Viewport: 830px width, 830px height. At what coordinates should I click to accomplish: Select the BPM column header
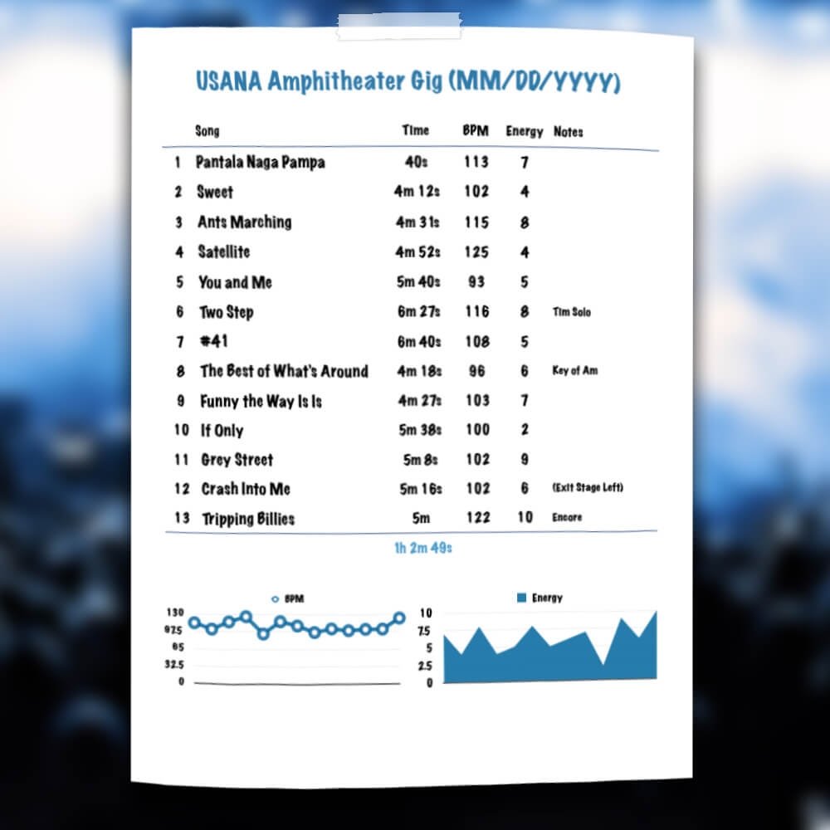476,131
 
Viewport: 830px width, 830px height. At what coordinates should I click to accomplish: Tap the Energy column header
524,132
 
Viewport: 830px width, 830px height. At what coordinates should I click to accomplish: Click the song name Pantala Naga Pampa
260,162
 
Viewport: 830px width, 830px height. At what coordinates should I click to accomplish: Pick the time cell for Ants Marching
417,222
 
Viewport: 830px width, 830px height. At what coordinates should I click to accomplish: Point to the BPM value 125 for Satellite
476,252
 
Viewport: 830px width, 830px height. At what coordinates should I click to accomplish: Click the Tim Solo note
572,313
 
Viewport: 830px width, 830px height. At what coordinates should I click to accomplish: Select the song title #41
214,342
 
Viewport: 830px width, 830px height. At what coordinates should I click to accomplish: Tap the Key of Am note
574,371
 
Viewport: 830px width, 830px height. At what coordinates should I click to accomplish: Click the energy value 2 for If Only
525,431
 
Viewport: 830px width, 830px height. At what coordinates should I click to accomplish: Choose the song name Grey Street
237,460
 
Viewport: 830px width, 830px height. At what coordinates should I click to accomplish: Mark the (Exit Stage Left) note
588,488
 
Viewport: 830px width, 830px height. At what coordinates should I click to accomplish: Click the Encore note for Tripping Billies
567,518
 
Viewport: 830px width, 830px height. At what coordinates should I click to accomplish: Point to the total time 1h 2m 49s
422,549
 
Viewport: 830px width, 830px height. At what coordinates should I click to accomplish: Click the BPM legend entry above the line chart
288,598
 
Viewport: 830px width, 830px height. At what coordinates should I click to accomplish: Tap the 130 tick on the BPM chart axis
176,613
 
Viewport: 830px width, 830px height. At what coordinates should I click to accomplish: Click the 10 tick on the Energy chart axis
426,613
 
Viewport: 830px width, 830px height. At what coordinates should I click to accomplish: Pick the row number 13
182,519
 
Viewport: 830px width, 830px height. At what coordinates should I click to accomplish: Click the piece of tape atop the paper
398,27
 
